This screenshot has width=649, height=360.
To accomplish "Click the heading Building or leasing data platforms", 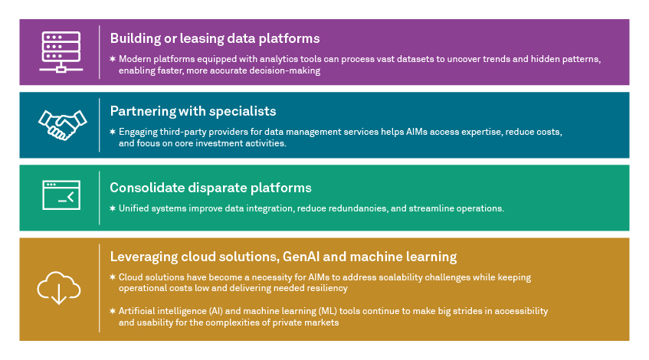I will pyautogui.click(x=215, y=38).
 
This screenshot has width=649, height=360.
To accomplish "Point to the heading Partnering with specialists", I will pyautogui.click(x=192, y=111).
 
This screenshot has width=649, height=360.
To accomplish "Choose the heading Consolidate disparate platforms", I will pyautogui.click(x=211, y=187).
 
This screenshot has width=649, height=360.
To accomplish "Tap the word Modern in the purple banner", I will pyautogui.click(x=136, y=59).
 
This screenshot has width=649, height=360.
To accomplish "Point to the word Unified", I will pyautogui.click(x=135, y=208).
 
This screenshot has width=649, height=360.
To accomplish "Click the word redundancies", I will pyautogui.click(x=347, y=208).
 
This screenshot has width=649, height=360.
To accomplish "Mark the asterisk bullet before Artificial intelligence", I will pyautogui.click(x=112, y=311).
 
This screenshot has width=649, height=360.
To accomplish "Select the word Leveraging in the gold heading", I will pyautogui.click(x=146, y=256).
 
